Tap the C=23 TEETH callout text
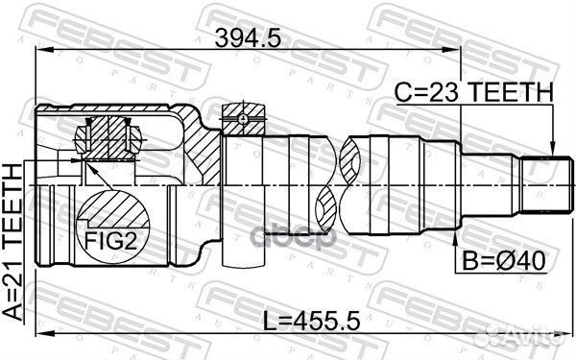(x=475, y=92)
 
